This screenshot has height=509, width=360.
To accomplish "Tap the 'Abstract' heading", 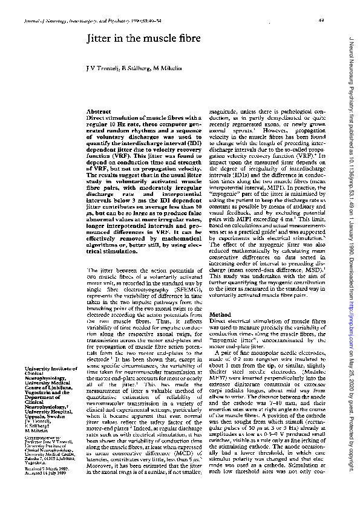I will (99, 112).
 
